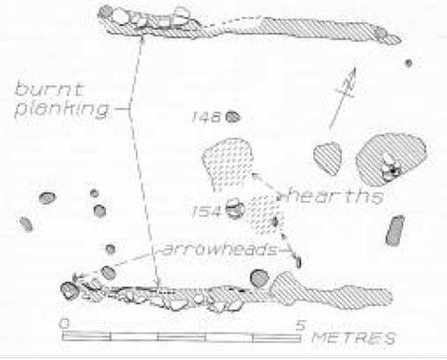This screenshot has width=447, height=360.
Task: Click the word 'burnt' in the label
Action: click(x=49, y=89)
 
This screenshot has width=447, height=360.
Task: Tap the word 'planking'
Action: click(x=62, y=110)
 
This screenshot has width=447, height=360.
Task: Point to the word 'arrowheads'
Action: click(x=219, y=249)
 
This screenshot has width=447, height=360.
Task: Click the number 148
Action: click(x=206, y=117)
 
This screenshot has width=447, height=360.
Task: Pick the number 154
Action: click(x=207, y=212)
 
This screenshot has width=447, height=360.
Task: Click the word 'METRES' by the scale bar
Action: click(x=353, y=338)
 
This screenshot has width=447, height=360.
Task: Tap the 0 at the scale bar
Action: click(x=64, y=324)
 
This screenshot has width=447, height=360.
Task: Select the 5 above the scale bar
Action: click(x=300, y=325)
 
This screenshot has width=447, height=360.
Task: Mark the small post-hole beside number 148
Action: click(x=232, y=117)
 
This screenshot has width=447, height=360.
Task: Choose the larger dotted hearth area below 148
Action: click(x=228, y=165)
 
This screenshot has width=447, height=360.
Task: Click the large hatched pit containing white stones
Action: click(x=391, y=159)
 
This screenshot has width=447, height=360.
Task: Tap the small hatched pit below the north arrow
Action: click(x=328, y=158)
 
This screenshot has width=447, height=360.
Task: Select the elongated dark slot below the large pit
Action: click(x=396, y=231)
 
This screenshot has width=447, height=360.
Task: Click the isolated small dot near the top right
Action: click(x=409, y=63)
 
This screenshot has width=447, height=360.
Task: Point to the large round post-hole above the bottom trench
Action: click(x=259, y=278)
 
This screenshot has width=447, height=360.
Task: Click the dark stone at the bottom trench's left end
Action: click(x=69, y=290)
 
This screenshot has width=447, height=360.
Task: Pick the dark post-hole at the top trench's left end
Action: click(x=106, y=12)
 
